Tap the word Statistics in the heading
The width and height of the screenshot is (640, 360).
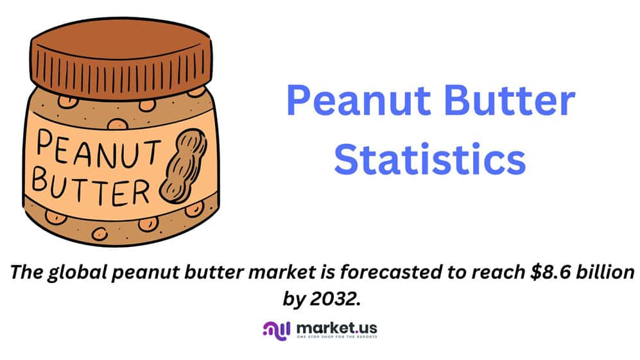coord(430,159)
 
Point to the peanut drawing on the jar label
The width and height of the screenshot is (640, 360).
coord(183,166)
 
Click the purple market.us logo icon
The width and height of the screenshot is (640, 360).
coord(276,330)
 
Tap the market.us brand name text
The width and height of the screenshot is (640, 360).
coord(337,328)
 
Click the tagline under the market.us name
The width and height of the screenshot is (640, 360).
coord(337,337)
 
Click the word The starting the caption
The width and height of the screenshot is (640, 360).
coord(27,272)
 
